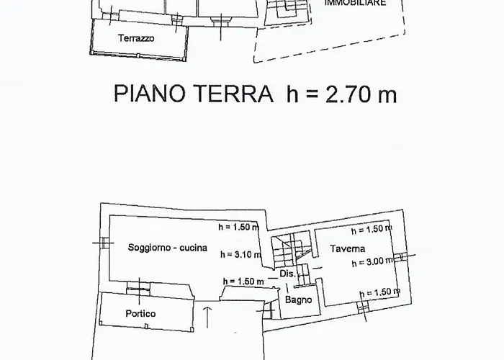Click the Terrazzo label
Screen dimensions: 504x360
click(136, 38)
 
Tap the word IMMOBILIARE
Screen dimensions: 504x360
click(355, 3)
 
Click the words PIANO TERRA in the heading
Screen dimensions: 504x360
click(194, 94)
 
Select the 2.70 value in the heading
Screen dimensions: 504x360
click(348, 94)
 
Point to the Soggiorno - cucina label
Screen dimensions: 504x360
click(168, 248)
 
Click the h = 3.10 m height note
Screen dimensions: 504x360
click(240, 255)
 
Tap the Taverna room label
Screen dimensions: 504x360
click(348, 249)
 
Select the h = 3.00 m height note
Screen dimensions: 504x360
click(372, 262)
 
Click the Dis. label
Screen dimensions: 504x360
click(287, 274)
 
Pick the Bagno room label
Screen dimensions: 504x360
click(299, 300)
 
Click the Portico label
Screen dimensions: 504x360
click(141, 314)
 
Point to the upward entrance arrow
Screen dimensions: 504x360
click(207, 318)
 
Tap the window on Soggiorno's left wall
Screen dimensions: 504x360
click(104, 243)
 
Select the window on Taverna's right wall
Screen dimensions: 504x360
click(404, 256)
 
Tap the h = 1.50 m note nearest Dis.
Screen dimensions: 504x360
click(243, 282)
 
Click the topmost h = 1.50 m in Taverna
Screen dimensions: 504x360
click(372, 230)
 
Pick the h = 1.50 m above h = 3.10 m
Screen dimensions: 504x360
click(239, 227)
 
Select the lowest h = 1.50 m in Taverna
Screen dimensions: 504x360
click(380, 292)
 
